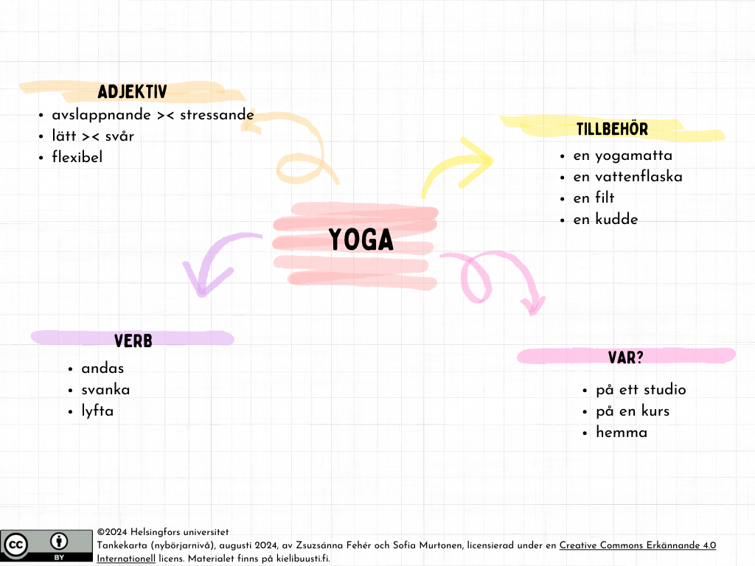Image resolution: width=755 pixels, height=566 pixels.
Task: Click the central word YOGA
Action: click(x=361, y=240)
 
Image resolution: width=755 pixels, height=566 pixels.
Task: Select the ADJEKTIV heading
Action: click(x=132, y=92)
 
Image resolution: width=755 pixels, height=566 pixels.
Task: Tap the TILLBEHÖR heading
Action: click(x=612, y=130)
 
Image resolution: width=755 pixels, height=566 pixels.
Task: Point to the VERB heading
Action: click(x=133, y=340)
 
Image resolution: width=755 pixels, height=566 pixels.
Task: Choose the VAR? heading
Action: click(x=626, y=357)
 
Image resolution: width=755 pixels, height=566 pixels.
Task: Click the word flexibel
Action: click(x=77, y=157)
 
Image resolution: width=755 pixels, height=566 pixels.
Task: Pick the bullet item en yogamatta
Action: click(x=622, y=156)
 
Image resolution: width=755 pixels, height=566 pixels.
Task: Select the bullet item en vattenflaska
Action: click(x=627, y=177)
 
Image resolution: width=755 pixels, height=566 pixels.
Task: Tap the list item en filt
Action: click(x=594, y=198)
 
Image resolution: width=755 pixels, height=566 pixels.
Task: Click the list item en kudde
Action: click(x=605, y=219)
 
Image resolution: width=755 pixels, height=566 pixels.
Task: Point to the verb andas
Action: click(x=102, y=368)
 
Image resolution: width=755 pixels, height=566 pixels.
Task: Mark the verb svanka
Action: click(x=105, y=390)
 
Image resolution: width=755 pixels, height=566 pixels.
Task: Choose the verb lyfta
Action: click(x=97, y=411)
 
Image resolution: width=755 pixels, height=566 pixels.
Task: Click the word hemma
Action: click(x=622, y=433)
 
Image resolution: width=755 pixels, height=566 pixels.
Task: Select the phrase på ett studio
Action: click(x=641, y=390)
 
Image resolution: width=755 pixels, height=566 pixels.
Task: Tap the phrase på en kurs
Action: click(x=633, y=411)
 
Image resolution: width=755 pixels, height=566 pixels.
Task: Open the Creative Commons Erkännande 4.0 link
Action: click(x=637, y=545)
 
